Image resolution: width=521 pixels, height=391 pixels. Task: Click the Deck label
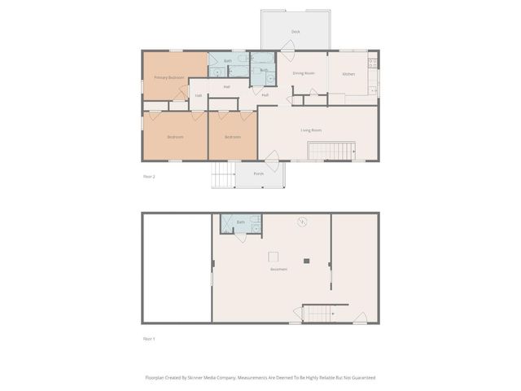(x=296, y=32)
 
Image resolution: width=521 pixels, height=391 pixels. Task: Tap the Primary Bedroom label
(x=169, y=78)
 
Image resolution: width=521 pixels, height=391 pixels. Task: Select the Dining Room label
(x=304, y=73)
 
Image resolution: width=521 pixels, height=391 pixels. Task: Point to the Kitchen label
(x=348, y=74)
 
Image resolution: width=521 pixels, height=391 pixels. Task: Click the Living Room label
(x=311, y=130)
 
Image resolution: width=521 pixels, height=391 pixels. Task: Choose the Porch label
(x=258, y=174)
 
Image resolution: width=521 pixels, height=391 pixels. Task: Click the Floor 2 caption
(x=149, y=175)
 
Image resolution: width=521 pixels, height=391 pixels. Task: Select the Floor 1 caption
(x=149, y=337)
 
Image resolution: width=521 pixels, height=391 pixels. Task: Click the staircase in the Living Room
(x=331, y=151)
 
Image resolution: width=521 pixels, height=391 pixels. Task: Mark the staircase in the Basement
(x=319, y=314)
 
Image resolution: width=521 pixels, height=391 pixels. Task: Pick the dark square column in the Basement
(x=307, y=261)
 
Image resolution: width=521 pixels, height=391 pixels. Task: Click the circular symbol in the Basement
(x=302, y=221)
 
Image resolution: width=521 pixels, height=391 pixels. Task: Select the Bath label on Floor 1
(x=240, y=222)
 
